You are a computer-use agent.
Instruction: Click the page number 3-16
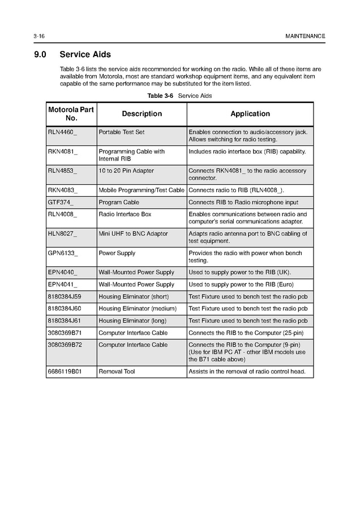coord(39,36)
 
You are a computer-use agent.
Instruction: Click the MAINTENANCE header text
coord(306,36)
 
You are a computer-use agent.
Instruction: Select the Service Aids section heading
coord(85,55)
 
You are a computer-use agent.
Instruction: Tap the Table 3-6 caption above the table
coord(179,96)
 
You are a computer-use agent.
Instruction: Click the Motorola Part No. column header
coord(71,114)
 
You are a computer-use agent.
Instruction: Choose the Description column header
coord(142,114)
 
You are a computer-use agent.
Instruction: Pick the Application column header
coord(250,114)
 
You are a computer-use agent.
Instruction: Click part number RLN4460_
coord(62,132)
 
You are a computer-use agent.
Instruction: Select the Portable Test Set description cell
coord(121,132)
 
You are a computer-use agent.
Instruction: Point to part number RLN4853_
coord(62,170)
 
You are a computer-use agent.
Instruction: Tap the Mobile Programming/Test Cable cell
coord(142,190)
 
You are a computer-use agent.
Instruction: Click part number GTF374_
coord(61,202)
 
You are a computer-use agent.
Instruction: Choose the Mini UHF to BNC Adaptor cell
coord(133,234)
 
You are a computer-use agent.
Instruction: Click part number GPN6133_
coord(62,253)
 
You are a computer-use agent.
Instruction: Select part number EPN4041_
coord(62,284)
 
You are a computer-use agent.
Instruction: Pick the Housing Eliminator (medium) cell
coord(138,308)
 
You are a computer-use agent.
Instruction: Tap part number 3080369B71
coord(65,333)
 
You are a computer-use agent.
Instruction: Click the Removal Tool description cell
coord(117,372)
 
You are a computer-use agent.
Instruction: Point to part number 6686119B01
coord(65,372)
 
